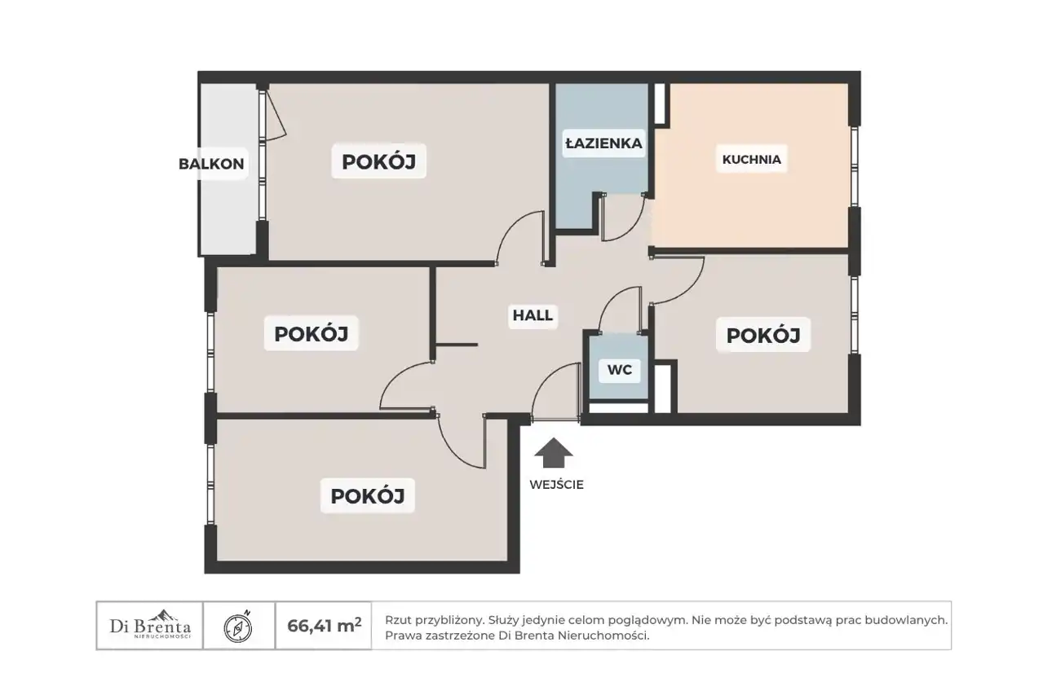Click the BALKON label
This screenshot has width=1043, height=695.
coord(211,164)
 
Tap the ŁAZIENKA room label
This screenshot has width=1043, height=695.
coord(604,143)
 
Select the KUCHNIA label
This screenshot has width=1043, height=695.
coord(752,160)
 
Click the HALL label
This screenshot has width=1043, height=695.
coord(533,315)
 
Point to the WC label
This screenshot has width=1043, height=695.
coord(620,370)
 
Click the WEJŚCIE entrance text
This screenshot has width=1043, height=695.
coord(556,485)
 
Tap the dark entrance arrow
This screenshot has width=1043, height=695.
coord(553,453)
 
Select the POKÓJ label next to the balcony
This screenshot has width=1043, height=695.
coord(378,162)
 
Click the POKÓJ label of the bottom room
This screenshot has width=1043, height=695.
coord(368,496)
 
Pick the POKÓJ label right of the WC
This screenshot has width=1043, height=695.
coord(763,336)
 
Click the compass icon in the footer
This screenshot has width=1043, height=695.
coord(238,627)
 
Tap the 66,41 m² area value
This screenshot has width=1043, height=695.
coord(324,626)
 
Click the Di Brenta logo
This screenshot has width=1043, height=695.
coord(150,625)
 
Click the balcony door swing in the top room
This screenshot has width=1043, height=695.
coord(276,115)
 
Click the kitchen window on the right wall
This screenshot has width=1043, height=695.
coord(854,166)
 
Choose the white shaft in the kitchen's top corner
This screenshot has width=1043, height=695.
coord(660,103)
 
